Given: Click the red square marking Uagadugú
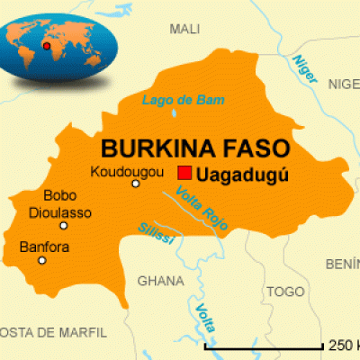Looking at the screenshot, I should click(184, 173).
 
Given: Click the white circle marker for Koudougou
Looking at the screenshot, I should click(136, 184).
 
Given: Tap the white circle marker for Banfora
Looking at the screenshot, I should click(41, 260).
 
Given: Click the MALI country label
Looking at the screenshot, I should click(184, 30).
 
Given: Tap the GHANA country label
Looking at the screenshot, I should click(160, 281).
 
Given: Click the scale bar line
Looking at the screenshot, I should click(264, 346).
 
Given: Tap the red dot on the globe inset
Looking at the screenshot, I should click(46, 42).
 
